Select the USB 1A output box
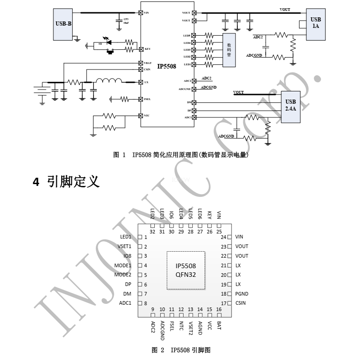(x=315, y=23)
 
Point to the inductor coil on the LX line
(x=109, y=82)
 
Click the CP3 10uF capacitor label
(x=126, y=20)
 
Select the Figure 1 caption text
(x=180, y=155)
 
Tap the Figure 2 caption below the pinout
(x=181, y=350)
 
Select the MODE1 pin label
(x=123, y=265)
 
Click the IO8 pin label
(x=127, y=256)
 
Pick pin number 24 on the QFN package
(x=224, y=237)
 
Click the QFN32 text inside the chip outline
(x=186, y=275)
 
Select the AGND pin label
(x=200, y=328)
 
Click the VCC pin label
(x=210, y=326)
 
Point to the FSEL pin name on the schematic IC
(x=147, y=99)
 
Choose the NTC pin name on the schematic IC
(x=147, y=116)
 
